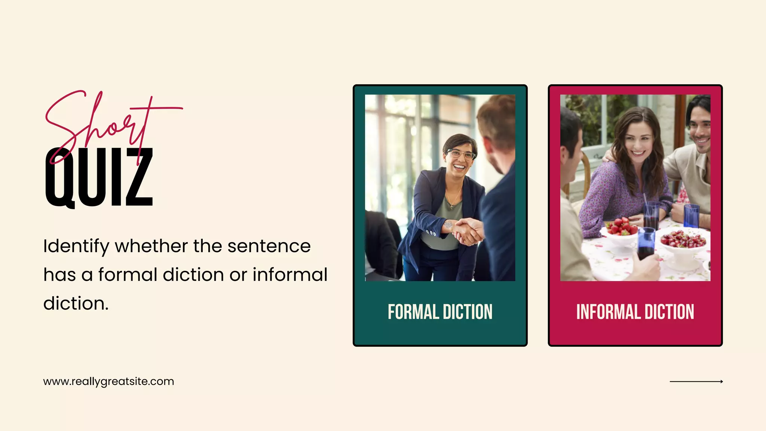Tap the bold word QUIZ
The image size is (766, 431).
click(x=99, y=178)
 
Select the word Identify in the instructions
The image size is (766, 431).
click(x=76, y=247)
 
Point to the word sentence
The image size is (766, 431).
click(x=269, y=246)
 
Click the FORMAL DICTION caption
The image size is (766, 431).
click(x=440, y=312)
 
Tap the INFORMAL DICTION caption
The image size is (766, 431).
click(x=635, y=312)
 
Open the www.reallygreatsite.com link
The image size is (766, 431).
click(x=108, y=382)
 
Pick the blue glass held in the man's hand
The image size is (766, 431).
click(x=646, y=243)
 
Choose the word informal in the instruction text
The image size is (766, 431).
click(x=290, y=275)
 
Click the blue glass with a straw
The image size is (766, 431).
click(x=652, y=215)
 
